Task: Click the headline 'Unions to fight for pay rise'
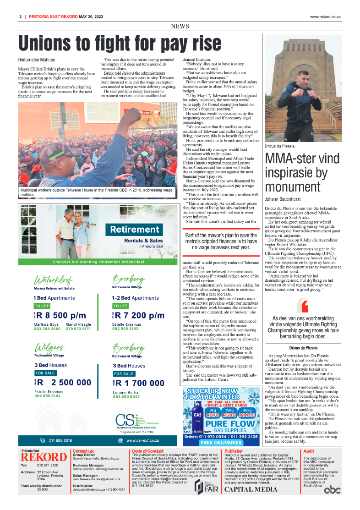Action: coord(120,44)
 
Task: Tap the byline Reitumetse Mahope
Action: coord(37,60)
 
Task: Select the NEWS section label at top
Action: coord(180,27)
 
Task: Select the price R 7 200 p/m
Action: coord(139,315)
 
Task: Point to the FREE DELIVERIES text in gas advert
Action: coord(221,443)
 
